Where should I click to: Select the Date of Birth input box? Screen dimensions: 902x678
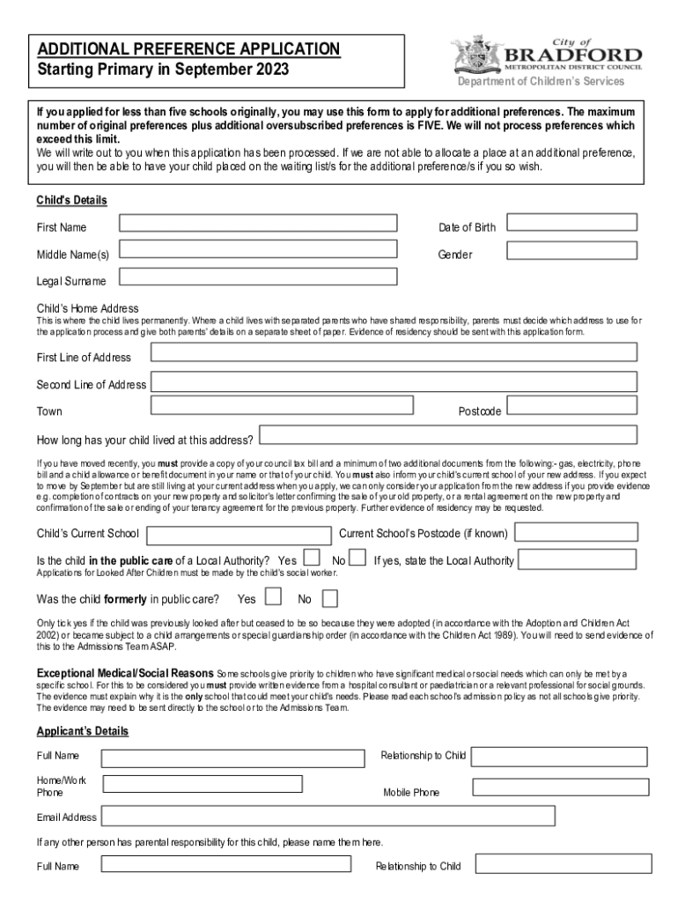click(573, 223)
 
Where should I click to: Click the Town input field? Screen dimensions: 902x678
click(283, 405)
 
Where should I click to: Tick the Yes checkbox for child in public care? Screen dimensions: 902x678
click(312, 558)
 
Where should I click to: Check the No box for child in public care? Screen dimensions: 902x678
click(357, 558)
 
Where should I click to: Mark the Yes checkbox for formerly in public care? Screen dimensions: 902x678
click(273, 597)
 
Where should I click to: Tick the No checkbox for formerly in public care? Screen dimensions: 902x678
click(329, 599)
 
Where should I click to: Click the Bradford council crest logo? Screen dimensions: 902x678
click(476, 55)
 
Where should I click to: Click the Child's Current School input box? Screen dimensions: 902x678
click(240, 535)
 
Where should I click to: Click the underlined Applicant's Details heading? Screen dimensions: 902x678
click(82, 731)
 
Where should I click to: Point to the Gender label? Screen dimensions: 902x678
click(455, 255)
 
